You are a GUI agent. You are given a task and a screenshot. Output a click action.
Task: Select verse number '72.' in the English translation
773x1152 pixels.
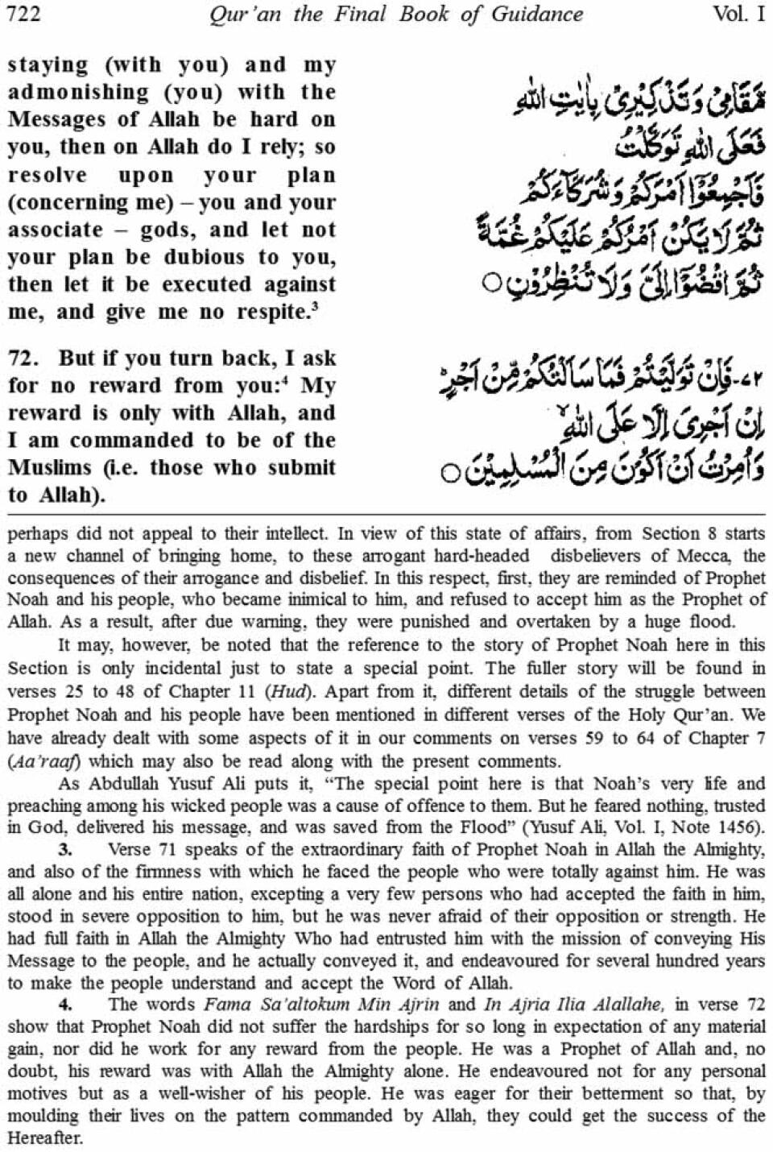point(25,358)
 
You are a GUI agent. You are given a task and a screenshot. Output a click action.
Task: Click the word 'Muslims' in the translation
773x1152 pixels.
point(49,467)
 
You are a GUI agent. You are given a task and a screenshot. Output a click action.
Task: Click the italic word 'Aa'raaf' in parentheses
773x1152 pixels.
point(50,760)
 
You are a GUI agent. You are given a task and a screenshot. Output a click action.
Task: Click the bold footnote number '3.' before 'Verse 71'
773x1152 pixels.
point(65,848)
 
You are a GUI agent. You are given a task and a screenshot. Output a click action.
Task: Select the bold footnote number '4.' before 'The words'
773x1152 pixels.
point(65,1004)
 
